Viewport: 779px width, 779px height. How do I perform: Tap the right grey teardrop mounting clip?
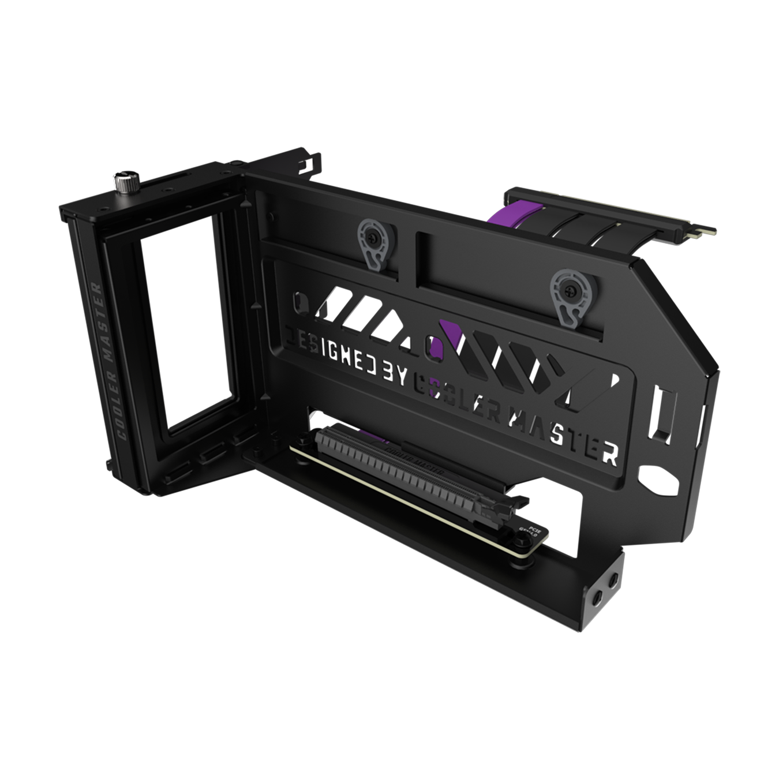click(x=568, y=294)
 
